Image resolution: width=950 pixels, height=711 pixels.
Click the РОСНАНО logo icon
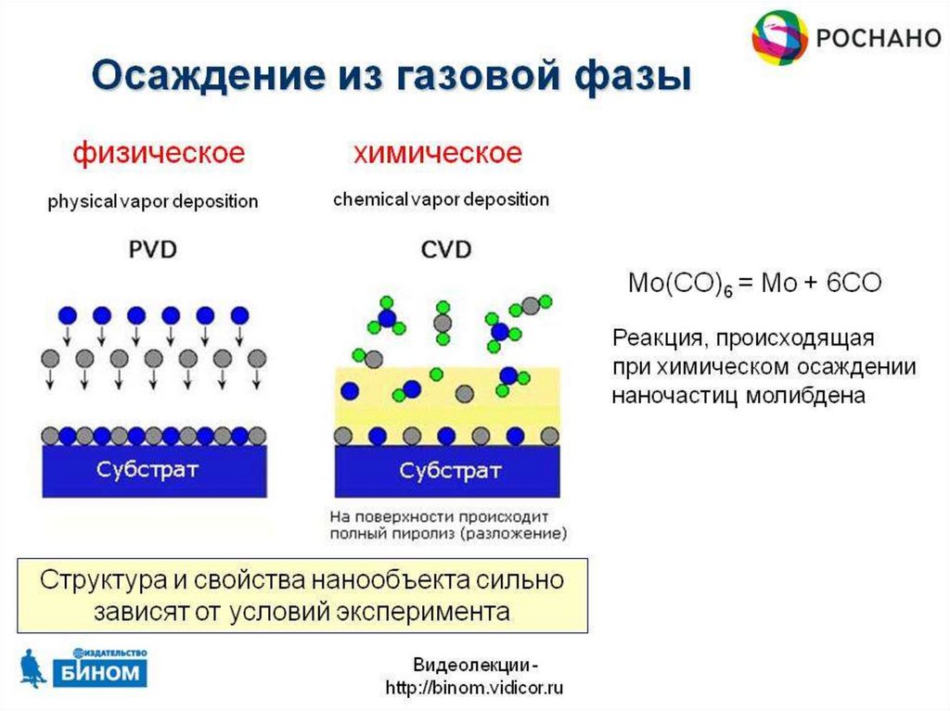pos(778,38)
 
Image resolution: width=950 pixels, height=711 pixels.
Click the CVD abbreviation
pos(445,249)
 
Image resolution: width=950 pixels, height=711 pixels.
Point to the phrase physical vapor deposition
pos(152,201)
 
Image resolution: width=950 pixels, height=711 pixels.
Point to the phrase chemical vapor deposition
pos(441,199)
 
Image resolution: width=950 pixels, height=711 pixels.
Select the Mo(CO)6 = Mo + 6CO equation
pos(755,284)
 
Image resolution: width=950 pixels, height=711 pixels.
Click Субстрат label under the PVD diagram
pos(148,470)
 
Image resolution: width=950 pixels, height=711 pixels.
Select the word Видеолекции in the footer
pos(470,666)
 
